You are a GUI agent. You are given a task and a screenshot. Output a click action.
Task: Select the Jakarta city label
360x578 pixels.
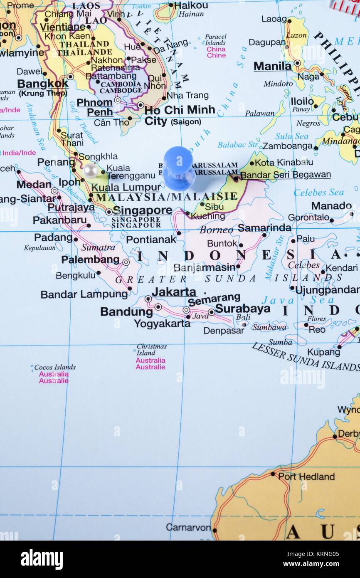coord(174,292)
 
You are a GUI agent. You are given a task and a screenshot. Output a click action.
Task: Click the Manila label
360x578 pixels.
coord(273,66)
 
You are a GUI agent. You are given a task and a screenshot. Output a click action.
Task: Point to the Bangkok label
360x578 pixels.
coord(43,84)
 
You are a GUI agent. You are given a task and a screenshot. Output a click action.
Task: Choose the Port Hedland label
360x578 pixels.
coord(306,477)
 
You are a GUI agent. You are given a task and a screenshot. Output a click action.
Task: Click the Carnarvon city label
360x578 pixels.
coord(188,527)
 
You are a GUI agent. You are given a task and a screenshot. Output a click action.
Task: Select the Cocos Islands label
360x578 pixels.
coord(55,367)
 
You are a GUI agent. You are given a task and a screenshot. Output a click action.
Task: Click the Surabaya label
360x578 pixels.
coord(243,309)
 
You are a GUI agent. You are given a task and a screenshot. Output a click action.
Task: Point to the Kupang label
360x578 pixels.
coord(323,352)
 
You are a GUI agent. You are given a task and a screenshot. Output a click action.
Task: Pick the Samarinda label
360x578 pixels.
coord(264,227)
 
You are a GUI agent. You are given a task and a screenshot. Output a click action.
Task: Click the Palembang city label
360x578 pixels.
coord(90,260)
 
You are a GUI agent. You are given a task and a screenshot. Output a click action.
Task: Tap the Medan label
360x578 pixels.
coord(34,184)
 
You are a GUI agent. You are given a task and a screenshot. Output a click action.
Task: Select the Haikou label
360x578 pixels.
coord(191,5)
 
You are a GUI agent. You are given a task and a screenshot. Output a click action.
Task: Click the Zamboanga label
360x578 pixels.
coord(287,146)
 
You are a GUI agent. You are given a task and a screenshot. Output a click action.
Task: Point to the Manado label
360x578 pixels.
coord(331,206)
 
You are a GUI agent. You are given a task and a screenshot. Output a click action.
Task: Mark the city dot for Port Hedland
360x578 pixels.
coord(273,473)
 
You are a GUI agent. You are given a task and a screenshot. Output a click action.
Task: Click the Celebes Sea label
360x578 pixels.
coord(319,193)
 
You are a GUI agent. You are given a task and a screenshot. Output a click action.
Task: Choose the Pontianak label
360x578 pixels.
coord(151,239)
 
